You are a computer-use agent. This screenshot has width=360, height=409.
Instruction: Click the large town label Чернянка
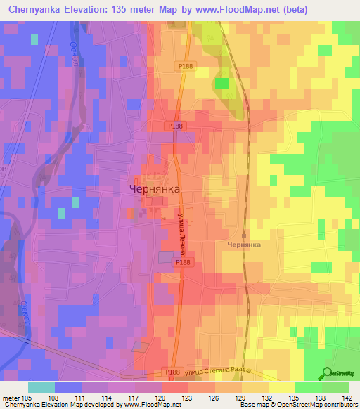click(155, 189)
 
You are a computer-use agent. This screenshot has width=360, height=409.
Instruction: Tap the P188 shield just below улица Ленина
click(182, 262)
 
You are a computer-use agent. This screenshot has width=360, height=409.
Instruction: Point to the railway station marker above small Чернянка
click(243, 235)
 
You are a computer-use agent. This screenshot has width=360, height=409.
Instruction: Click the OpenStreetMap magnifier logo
click(327, 373)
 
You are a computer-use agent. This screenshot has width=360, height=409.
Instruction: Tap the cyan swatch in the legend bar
click(41, 387)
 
